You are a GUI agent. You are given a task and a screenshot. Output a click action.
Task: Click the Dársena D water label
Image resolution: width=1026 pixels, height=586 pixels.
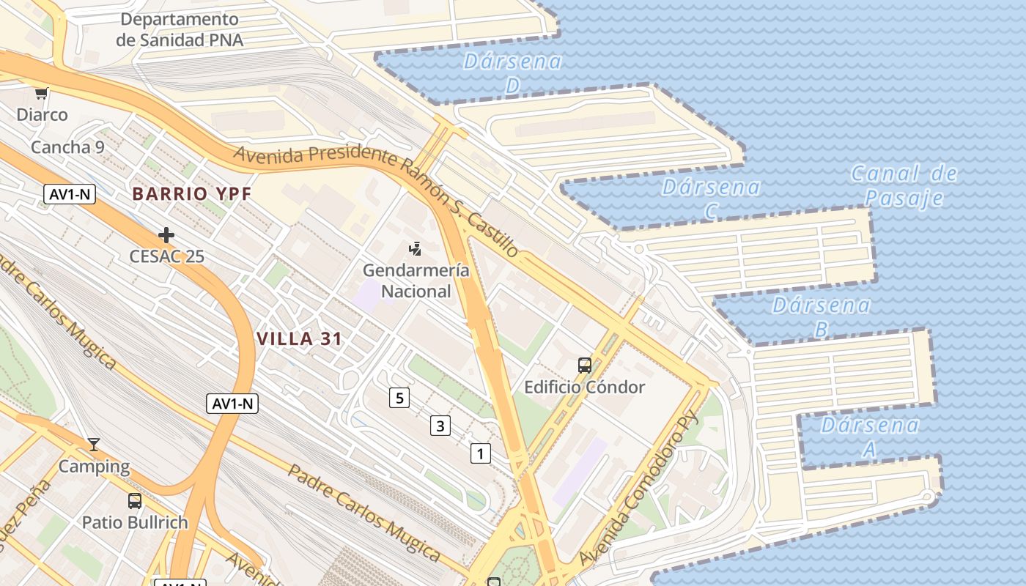click(512, 73)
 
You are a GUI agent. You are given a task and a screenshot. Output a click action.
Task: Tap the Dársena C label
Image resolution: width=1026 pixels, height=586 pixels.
click(711, 199)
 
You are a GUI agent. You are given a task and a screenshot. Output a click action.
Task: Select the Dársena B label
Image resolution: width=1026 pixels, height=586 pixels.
click(821, 316)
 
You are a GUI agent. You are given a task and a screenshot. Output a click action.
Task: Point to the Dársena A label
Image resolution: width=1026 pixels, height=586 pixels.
click(870, 437)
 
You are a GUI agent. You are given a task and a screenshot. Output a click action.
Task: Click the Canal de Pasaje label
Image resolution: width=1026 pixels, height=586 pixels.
click(904, 186)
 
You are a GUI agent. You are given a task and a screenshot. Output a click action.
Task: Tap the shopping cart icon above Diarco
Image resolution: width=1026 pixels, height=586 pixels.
click(42, 93)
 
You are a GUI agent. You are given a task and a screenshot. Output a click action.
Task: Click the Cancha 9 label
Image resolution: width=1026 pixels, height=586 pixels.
click(67, 147)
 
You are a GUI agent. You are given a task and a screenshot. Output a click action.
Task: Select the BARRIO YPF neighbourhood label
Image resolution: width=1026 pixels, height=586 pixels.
click(192, 194)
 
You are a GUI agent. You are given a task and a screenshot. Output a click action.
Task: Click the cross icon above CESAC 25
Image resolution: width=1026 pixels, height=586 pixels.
click(166, 235)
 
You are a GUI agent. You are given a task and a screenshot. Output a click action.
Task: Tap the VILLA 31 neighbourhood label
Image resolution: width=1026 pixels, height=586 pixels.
click(300, 339)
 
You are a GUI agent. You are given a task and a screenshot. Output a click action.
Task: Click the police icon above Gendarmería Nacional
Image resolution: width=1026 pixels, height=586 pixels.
click(416, 249)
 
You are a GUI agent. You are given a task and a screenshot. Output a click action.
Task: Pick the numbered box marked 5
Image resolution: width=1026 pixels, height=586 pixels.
click(399, 398)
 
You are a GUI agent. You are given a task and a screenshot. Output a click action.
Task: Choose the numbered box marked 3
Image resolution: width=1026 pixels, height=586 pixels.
click(440, 426)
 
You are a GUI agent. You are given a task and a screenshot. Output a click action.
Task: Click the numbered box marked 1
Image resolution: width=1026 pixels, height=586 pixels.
click(480, 454)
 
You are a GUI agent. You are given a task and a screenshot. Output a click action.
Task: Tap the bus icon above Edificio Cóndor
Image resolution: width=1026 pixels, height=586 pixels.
click(584, 365)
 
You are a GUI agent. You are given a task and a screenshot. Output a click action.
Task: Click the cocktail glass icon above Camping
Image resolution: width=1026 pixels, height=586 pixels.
click(93, 444)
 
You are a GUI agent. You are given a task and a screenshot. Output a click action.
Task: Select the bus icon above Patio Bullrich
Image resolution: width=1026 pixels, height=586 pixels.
click(135, 501)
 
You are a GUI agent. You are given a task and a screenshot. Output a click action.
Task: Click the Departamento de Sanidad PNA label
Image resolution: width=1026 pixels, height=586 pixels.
click(180, 29)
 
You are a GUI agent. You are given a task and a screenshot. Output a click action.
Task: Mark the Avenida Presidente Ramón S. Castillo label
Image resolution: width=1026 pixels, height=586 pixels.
click(377, 195)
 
